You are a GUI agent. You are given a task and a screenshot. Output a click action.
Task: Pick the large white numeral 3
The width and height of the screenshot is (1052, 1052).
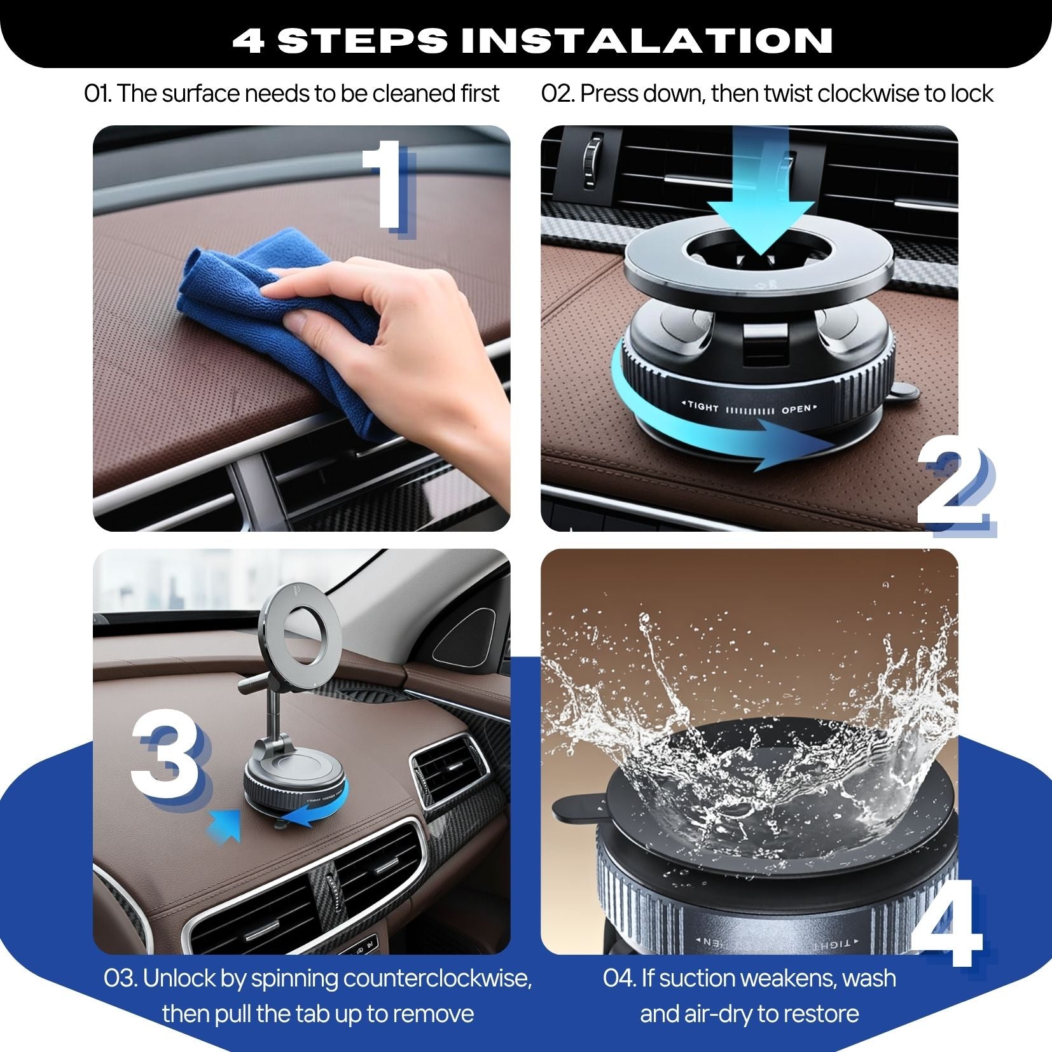pos(167,757)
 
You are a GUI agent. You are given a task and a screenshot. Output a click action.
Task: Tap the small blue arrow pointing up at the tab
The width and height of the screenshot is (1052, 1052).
pos(226,824)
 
